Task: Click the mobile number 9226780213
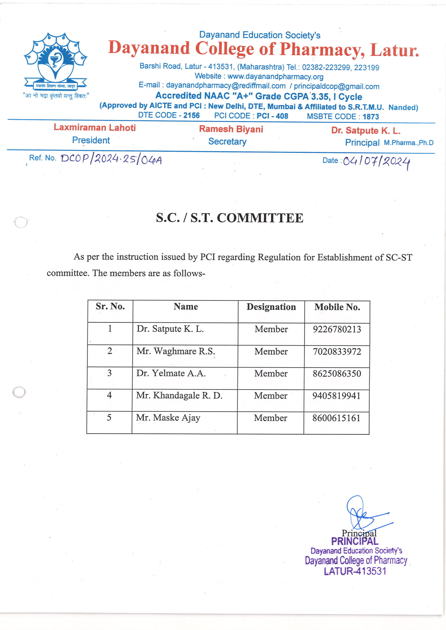337,329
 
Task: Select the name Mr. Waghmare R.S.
176,351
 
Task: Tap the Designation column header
271,307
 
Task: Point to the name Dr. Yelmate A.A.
171,373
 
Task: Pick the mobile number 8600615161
336,418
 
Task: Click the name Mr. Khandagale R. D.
179,395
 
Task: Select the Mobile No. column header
337,307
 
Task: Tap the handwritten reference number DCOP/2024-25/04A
111,159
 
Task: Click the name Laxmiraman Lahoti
95,127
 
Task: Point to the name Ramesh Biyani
231,129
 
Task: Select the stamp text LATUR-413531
355,571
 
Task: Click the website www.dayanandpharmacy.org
275,77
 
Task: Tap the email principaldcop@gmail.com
336,86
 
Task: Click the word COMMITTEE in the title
260,218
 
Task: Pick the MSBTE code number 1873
370,117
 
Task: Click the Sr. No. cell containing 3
109,373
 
